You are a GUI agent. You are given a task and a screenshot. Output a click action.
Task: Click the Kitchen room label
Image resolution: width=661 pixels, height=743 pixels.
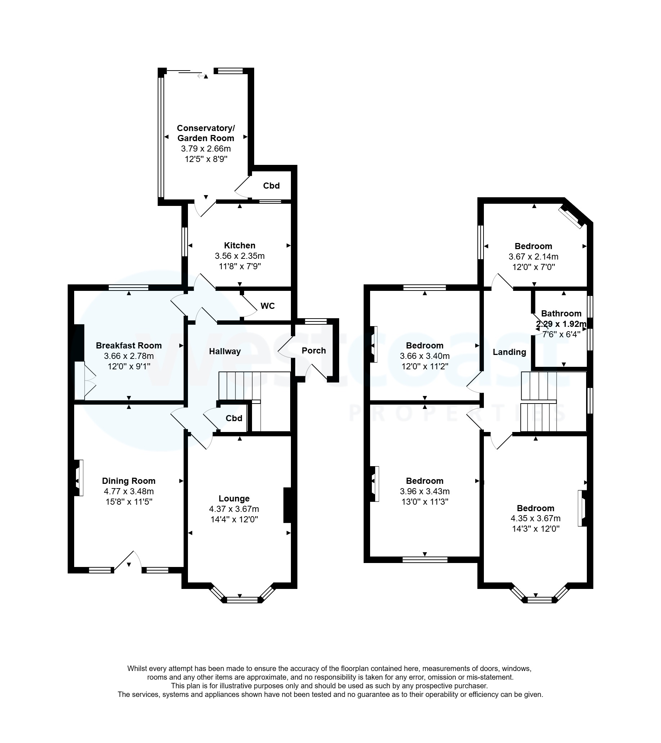coord(240,246)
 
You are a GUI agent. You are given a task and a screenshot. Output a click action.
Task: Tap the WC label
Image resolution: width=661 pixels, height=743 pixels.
coord(267,306)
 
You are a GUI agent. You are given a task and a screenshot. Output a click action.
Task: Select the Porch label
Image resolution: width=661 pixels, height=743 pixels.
coord(314,351)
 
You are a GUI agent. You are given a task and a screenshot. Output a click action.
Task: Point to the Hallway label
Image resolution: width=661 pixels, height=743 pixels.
coord(225,351)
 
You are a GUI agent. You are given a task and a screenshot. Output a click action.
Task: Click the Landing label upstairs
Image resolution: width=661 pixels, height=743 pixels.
coord(509,352)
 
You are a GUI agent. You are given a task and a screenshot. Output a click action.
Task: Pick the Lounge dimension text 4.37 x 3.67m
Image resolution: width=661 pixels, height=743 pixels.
coord(234,509)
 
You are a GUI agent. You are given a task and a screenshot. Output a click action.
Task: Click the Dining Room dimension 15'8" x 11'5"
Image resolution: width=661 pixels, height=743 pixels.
coord(129,502)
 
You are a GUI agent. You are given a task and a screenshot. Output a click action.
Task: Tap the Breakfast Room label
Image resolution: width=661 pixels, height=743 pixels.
coord(129,346)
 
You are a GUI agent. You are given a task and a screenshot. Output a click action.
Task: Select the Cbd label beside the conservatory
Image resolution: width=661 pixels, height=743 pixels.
coord(271,186)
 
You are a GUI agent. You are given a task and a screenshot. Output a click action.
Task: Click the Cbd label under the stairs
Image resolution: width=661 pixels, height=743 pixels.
coord(234,418)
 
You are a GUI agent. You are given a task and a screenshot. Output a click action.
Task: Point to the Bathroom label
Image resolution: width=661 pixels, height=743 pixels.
coord(561,313)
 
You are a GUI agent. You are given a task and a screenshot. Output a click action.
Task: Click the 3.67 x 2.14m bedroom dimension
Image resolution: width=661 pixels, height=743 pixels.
coord(534,257)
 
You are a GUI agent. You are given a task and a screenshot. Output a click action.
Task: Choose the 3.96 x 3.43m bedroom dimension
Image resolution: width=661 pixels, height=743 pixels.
coord(425,491)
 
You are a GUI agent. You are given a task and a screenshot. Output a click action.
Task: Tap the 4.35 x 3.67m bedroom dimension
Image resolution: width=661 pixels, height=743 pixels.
coord(536,518)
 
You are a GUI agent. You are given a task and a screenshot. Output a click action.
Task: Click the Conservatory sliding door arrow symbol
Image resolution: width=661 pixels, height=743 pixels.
coord(201,76)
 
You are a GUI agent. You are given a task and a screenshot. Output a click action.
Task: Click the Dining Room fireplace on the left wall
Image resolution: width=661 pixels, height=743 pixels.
coord(78,478)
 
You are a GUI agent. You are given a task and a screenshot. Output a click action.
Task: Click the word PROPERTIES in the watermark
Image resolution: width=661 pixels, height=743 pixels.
coord(457,413)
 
